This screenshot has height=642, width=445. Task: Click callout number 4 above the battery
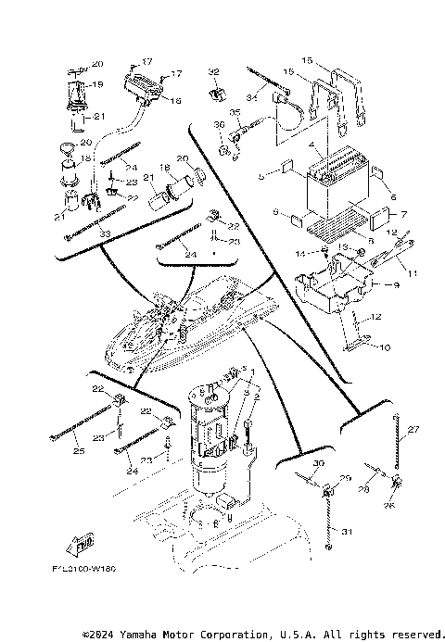point(317,145)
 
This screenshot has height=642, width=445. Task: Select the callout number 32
point(213,71)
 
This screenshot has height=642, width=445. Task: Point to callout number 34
point(250,98)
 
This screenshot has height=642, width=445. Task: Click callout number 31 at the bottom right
point(348,531)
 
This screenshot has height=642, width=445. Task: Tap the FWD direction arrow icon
point(84,543)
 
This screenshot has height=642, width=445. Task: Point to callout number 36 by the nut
point(219,124)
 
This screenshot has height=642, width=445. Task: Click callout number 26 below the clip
point(388,506)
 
